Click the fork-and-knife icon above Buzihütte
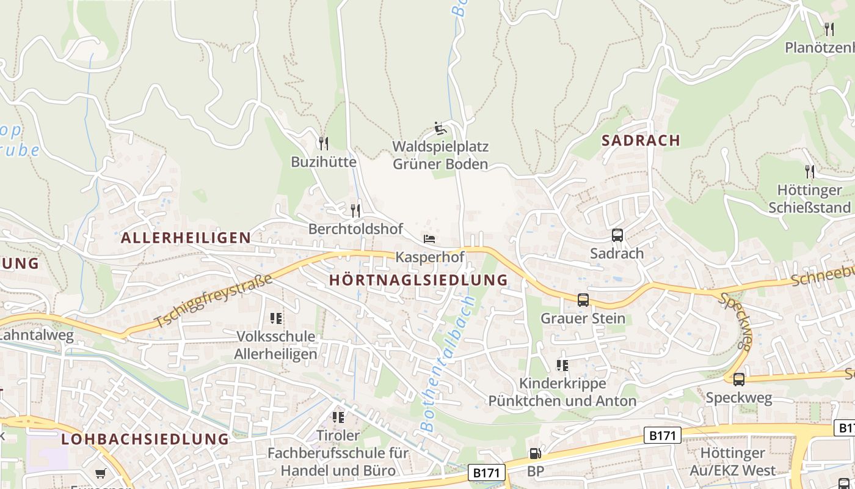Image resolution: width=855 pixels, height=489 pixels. pyautogui.click(x=324, y=144)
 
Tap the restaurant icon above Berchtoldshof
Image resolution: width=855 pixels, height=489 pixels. pyautogui.click(x=355, y=211)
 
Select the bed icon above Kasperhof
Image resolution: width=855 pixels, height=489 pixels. pyautogui.click(x=429, y=238)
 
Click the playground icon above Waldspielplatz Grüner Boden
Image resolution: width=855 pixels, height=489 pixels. pyautogui.click(x=440, y=128)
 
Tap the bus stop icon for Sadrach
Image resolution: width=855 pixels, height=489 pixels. pyautogui.click(x=617, y=235)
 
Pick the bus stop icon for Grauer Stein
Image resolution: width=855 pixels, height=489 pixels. pyautogui.click(x=583, y=300)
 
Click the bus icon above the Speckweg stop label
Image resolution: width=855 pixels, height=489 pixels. pyautogui.click(x=739, y=380)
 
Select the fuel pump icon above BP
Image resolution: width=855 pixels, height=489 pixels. pyautogui.click(x=535, y=454)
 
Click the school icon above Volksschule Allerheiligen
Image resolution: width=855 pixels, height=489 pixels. pyautogui.click(x=276, y=318)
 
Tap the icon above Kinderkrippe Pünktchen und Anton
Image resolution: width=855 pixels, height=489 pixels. pyautogui.click(x=562, y=366)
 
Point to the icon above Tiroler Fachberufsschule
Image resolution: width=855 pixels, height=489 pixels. pyautogui.click(x=338, y=417)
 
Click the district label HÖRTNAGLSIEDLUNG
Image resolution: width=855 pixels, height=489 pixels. pyautogui.click(x=418, y=280)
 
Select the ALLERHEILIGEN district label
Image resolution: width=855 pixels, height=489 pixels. pyautogui.click(x=186, y=238)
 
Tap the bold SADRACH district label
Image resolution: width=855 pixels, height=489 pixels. pyautogui.click(x=641, y=141)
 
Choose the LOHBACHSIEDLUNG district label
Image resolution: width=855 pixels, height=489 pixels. pyautogui.click(x=145, y=439)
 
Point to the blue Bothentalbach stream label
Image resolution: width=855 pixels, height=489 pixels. pyautogui.click(x=448, y=365)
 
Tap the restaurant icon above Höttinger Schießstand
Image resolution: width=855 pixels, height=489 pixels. pyautogui.click(x=810, y=172)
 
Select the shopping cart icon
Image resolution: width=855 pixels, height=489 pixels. pyautogui.click(x=100, y=473)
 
